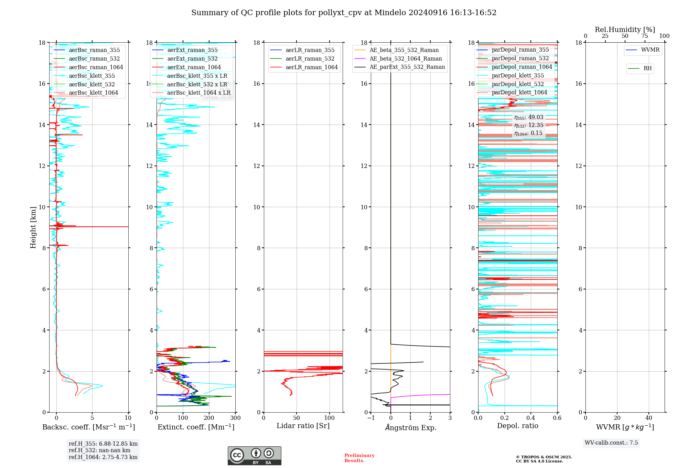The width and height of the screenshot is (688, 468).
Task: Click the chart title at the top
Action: [344, 13]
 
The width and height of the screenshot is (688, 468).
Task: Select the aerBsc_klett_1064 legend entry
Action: [93, 93]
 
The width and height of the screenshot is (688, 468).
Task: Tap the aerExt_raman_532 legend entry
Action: [192, 58]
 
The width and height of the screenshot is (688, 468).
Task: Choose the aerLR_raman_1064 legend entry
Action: [311, 67]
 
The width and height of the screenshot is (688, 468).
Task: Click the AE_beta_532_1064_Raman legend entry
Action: [406, 58]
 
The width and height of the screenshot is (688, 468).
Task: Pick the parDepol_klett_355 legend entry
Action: [518, 75]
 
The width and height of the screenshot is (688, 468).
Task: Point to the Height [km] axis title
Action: [33, 227]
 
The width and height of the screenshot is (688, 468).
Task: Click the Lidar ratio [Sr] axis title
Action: [303, 426]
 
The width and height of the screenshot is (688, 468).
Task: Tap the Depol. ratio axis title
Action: [517, 426]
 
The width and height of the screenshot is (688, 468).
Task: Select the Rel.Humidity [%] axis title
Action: [625, 30]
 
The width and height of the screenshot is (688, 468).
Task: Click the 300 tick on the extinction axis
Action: [236, 418]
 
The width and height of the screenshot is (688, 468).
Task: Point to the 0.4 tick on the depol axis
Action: [531, 418]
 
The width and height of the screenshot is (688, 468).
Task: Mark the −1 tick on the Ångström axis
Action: [371, 418]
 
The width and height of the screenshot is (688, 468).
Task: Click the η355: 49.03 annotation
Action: [529, 117]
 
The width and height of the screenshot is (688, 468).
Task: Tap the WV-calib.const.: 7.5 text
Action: [611, 443]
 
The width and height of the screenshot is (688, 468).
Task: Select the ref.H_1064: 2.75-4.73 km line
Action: [103, 457]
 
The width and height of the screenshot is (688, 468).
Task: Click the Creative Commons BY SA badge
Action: [254, 456]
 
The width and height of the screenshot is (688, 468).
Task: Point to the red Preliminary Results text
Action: [359, 458]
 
